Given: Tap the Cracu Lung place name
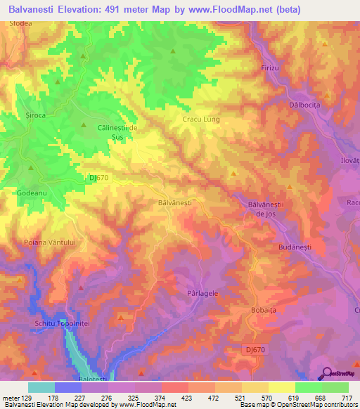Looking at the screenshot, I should click(201, 119).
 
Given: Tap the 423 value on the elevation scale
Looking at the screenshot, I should click(186, 397).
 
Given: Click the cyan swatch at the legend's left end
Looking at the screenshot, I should click(41, 387).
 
